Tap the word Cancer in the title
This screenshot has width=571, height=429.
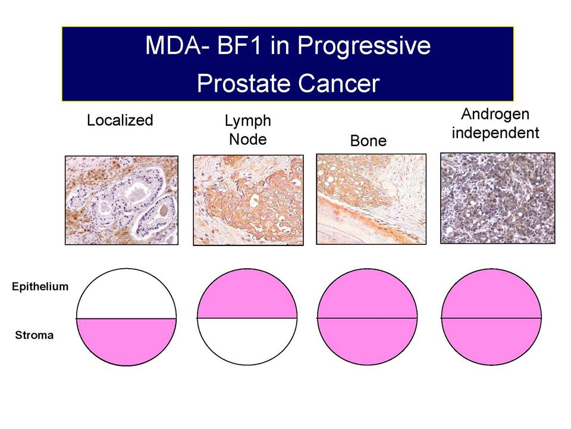pyautogui.click(x=339, y=83)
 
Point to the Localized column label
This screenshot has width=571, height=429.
pyautogui.click(x=120, y=120)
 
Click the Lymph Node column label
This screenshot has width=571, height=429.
pyautogui.click(x=248, y=130)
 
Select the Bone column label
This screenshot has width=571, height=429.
pyautogui.click(x=368, y=141)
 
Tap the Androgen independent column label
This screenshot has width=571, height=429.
pyautogui.click(x=495, y=124)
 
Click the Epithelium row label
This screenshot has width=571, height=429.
pyautogui.click(x=40, y=287)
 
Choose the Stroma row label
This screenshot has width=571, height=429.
pyautogui.click(x=34, y=335)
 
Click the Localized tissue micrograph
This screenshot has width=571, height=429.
pyautogui.click(x=121, y=200)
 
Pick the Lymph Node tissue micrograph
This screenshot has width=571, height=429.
pyautogui.click(x=249, y=200)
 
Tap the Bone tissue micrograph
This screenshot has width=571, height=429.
pyautogui.click(x=371, y=199)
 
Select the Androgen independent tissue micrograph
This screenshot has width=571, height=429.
pyautogui.click(x=498, y=198)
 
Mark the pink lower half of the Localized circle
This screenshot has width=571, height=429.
pyautogui.click(x=126, y=339)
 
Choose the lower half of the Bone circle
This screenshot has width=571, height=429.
pyautogui.click(x=368, y=339)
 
